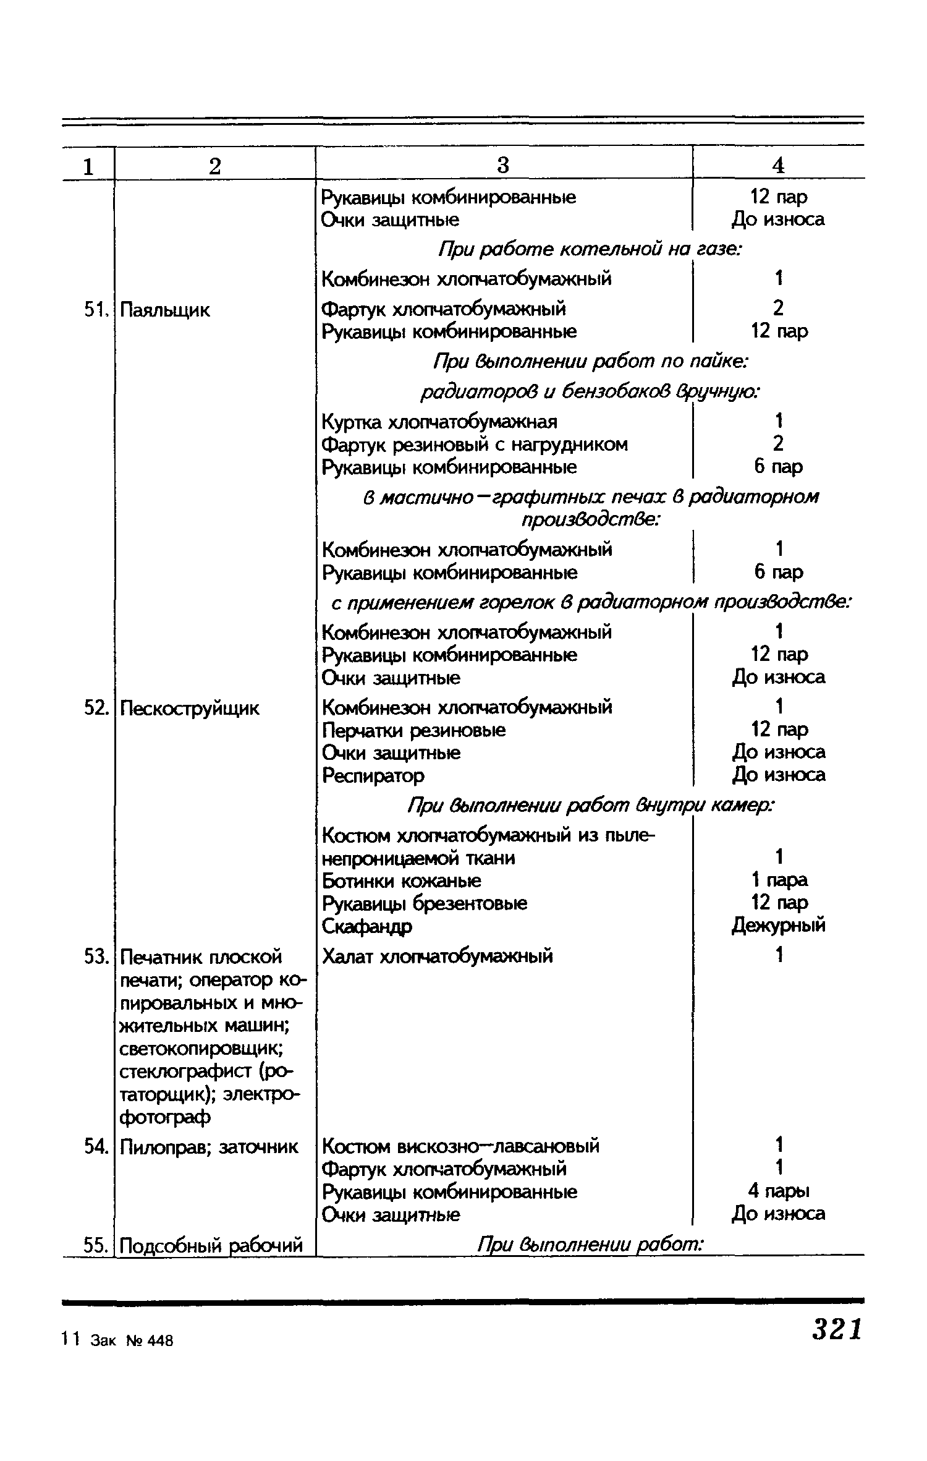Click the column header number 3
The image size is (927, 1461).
point(503,165)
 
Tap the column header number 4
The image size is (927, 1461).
point(778,165)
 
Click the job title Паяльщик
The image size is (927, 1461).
point(165,310)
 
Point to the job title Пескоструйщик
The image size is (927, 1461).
point(190,708)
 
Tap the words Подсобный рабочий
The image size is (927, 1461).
point(211,1244)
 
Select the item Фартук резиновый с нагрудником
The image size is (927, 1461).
point(475,445)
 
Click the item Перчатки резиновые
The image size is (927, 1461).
point(414,730)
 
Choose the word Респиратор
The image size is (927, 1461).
point(373,775)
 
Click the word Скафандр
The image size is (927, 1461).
point(367,926)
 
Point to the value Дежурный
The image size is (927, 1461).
point(778,926)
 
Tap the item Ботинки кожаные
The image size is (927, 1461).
point(402,880)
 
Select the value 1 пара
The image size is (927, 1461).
point(779,880)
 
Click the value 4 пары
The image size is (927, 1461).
point(778,1191)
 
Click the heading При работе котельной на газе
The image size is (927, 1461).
point(590,249)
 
